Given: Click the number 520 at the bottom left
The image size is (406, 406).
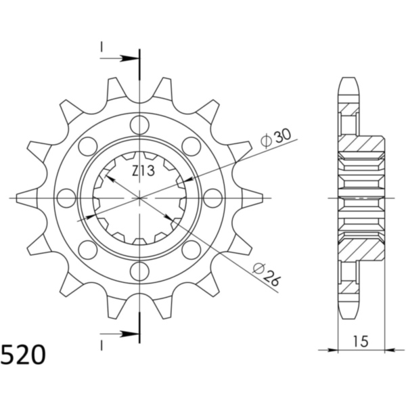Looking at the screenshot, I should click(24, 355).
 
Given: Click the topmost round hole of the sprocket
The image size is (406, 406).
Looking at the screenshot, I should click(139, 125).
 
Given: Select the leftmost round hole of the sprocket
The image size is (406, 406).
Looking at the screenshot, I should click(66, 198).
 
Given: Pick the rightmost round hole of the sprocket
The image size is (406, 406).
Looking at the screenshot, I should click(212, 198).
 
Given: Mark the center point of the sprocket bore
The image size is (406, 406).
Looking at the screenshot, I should click(139, 198).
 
